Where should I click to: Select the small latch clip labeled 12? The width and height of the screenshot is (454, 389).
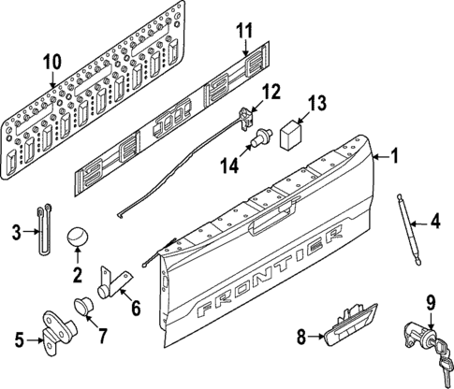pos(248,115)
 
